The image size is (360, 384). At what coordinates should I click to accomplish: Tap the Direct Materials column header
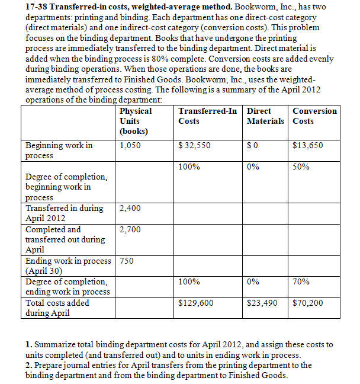[265, 116]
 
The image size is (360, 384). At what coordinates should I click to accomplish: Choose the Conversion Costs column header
[314, 116]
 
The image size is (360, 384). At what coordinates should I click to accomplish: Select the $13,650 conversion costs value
[308, 145]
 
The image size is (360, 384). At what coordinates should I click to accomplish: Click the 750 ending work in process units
[127, 261]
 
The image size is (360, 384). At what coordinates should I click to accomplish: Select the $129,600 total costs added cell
[196, 303]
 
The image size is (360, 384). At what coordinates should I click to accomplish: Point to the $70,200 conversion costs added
[308, 303]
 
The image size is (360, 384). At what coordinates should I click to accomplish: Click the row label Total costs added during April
[57, 308]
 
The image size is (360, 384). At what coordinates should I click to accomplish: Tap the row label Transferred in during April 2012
[64, 213]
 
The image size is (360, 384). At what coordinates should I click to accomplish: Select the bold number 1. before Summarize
[29, 344]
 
